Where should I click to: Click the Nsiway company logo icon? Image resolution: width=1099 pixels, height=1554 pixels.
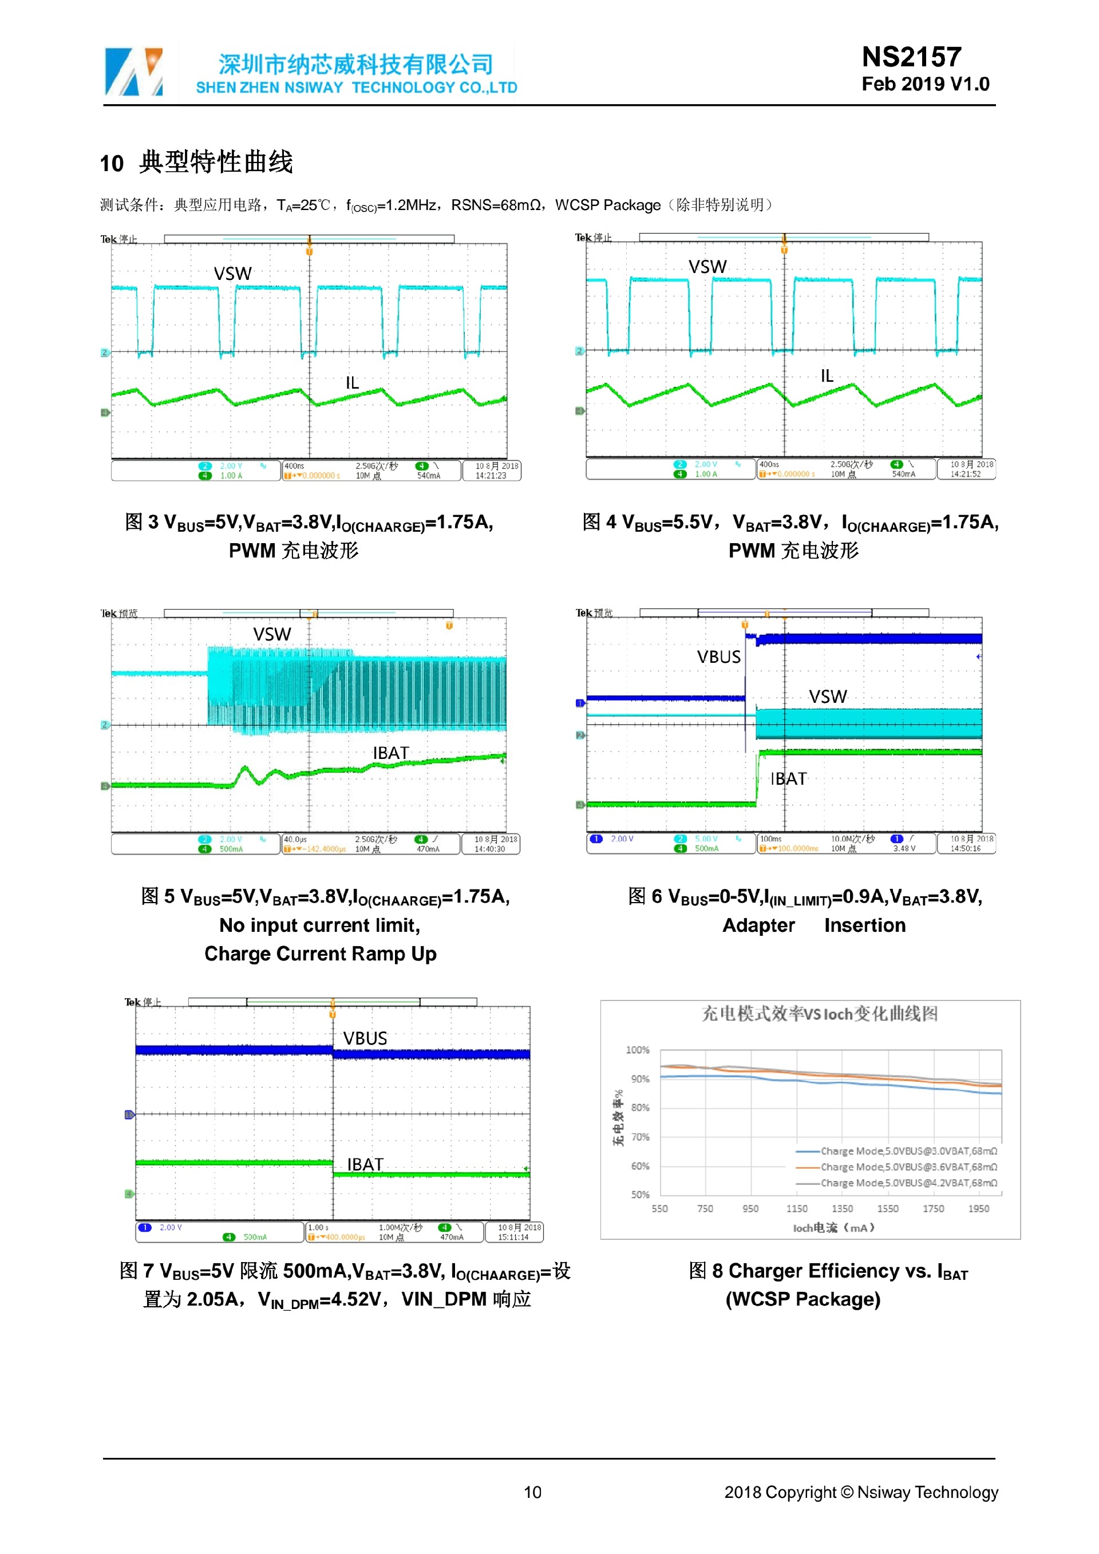(134, 71)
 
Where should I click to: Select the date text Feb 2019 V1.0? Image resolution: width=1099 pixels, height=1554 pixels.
(925, 84)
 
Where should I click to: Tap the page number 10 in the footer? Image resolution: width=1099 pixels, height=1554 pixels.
(532, 1492)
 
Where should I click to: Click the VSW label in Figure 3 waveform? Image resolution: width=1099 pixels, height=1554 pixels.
(233, 274)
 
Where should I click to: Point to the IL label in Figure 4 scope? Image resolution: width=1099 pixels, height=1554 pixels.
(827, 375)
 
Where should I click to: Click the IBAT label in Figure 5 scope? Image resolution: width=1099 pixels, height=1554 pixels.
(390, 753)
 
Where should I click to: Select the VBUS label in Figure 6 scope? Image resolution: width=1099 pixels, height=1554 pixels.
(719, 657)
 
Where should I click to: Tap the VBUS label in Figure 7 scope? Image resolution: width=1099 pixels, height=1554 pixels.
(365, 1038)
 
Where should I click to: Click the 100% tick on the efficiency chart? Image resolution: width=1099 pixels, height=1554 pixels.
(638, 1050)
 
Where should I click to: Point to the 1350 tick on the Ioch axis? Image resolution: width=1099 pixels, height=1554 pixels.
(842, 1208)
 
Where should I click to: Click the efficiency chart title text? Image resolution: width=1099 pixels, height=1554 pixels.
(820, 1013)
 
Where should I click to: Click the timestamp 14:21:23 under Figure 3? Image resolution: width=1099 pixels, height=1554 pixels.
(491, 476)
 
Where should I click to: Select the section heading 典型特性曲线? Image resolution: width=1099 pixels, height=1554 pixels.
(216, 163)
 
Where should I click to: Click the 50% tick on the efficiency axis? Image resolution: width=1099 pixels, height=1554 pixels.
(639, 1195)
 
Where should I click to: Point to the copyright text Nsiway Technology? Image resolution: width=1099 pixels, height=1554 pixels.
(927, 1492)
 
